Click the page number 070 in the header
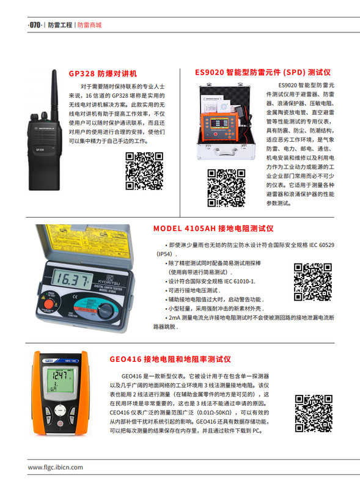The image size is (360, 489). pos(35,25)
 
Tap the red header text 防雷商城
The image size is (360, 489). pos(89,25)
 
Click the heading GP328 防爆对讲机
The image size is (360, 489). pos(103,73)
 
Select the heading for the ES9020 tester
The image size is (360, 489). pos(263,72)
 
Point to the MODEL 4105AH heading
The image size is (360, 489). pos(213,229)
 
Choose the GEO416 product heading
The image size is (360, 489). pos(170,359)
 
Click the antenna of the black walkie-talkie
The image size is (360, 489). pos(54,94)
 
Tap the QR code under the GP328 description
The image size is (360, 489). pos(144,171)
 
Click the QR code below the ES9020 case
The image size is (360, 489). pos(226,188)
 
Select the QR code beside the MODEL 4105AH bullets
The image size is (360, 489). pos(312,282)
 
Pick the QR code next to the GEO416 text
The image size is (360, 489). pos(314,414)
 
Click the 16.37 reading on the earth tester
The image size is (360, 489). pos(72,279)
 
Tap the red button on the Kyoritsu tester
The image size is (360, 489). pos(49,304)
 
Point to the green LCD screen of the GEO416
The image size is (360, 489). pos(59,380)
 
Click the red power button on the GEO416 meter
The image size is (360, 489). pos(60,424)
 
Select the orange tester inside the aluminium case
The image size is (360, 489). pos(219,127)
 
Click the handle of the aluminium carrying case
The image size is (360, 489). pos(225,153)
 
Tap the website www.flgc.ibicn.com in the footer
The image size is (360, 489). pos(55,467)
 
